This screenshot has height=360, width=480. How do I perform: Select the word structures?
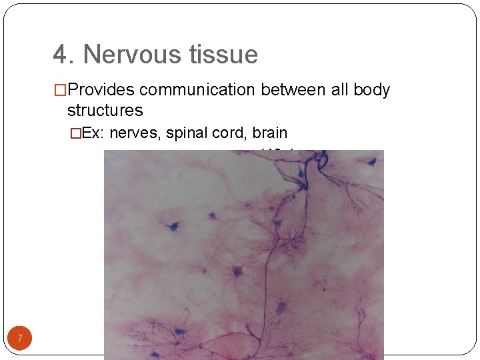click(x=105, y=110)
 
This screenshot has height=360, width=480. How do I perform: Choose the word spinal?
click(x=187, y=133)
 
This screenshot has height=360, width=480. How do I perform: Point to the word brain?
click(x=270, y=133)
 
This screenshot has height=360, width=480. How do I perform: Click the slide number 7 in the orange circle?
click(x=20, y=339)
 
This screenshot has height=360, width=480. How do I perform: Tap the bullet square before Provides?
click(x=60, y=90)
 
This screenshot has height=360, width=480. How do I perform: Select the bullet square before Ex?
click(x=76, y=133)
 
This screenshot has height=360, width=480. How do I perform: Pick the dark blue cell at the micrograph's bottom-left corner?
click(x=178, y=331)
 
